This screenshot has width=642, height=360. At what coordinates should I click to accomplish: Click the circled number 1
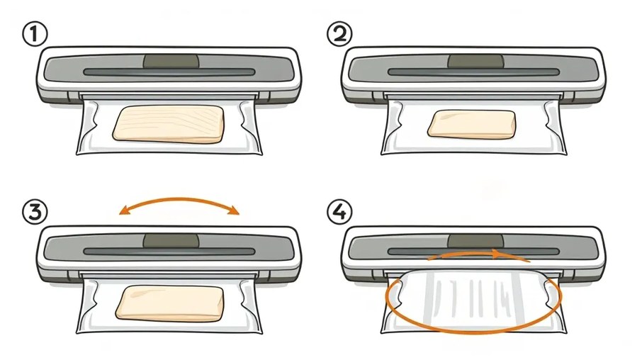point(35,34)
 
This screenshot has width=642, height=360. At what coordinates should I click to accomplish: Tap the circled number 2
point(339,33)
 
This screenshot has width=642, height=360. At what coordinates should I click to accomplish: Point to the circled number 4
point(339,213)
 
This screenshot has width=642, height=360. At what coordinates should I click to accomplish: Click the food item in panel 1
point(169,124)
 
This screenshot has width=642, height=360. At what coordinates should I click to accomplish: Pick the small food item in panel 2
point(472,124)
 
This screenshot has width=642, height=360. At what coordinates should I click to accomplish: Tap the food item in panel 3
point(169,303)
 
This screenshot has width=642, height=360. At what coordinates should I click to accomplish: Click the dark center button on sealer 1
point(171,62)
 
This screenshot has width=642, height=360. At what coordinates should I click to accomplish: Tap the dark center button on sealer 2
point(475,62)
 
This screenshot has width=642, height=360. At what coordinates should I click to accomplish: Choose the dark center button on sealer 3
point(171,241)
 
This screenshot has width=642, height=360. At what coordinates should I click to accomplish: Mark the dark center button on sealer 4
point(475,241)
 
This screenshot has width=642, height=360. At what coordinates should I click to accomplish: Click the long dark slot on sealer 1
point(169,72)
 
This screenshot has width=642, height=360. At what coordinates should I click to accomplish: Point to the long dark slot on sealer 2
point(474,72)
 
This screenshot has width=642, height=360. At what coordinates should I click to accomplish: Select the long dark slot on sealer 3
point(169,252)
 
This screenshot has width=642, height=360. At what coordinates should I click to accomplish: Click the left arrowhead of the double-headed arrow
point(124,210)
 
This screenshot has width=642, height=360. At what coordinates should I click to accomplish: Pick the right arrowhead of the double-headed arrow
point(234,210)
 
